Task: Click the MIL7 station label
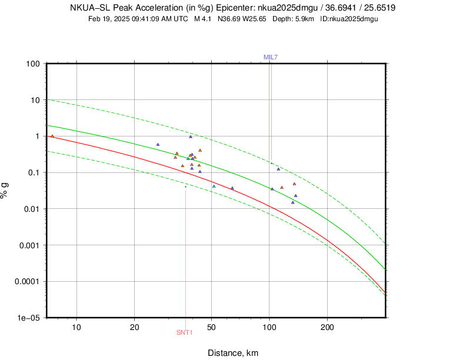tap(271, 57)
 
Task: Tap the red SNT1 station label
tap(185, 332)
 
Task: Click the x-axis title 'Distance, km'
tap(233, 353)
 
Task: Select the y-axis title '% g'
tap(6, 191)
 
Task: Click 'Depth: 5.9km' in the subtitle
tap(294, 19)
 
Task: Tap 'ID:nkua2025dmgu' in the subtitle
tap(349, 19)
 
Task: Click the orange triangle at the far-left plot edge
tap(52, 136)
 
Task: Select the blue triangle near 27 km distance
tap(158, 144)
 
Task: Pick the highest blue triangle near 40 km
tap(191, 136)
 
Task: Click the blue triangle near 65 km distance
tap(232, 188)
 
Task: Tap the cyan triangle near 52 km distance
tap(214, 186)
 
